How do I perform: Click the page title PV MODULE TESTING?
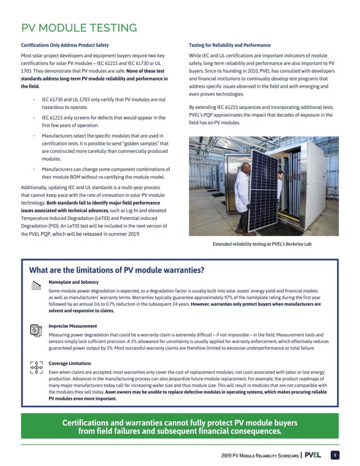(78, 28)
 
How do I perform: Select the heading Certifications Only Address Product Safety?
(65, 45)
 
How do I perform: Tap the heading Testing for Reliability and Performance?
(229, 45)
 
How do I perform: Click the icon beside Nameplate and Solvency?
(36, 285)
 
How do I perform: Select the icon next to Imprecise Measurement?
(36, 329)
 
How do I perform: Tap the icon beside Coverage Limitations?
(36, 367)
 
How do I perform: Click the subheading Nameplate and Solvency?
(74, 282)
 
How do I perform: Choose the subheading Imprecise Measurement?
(73, 326)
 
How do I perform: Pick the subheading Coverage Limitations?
(71, 363)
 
